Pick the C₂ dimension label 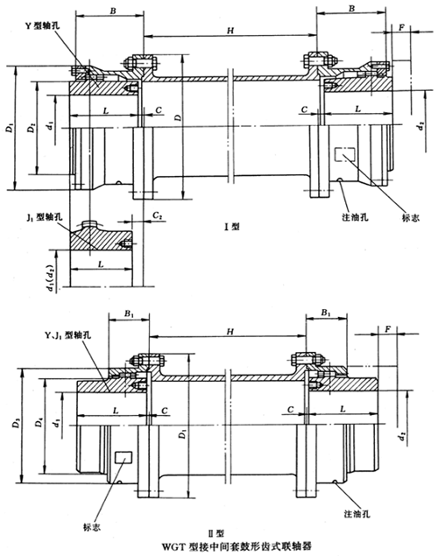155,215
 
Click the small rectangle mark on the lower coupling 122,457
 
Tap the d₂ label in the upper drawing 425,127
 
